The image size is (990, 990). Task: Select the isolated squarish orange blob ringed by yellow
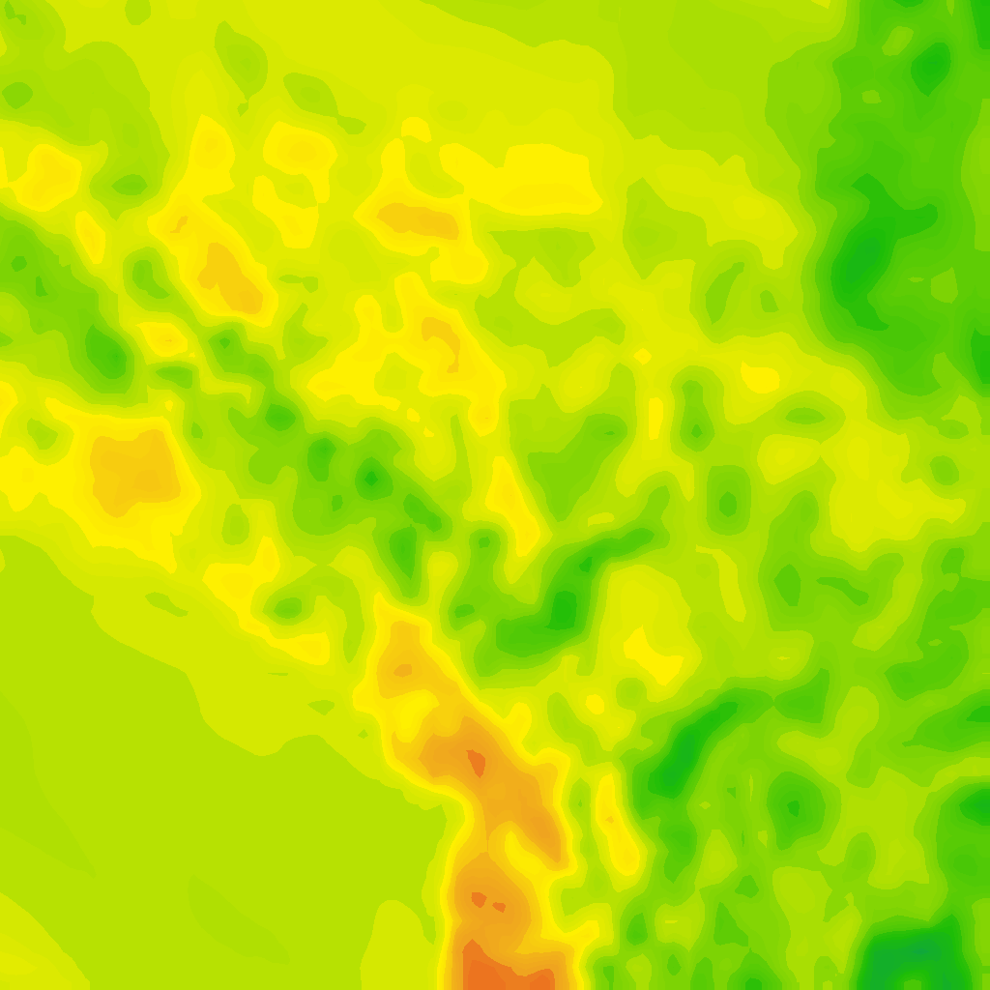tap(135, 471)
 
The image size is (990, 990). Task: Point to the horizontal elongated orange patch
tap(418, 219)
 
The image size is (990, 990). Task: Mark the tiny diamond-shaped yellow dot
tap(643, 356)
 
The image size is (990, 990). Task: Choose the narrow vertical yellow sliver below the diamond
tap(655, 418)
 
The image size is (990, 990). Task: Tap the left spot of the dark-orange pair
tap(478, 899)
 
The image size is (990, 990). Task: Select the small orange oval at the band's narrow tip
tap(402, 669)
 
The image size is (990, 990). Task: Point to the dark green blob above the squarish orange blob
tap(106, 353)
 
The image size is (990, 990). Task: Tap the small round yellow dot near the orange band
tap(595, 704)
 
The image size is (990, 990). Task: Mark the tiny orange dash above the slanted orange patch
tap(180, 224)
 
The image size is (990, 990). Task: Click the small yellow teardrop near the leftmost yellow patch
tap(90, 237)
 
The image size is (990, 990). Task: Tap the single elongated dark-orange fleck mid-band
tap(476, 763)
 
